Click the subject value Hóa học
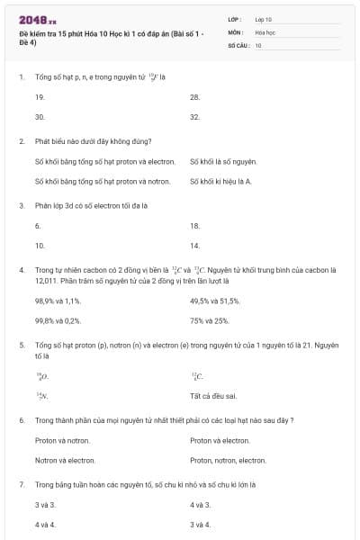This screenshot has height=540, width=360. coord(265,31)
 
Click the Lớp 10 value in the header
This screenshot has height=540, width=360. coord(263,19)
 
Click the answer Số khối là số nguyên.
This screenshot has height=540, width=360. coord(223,161)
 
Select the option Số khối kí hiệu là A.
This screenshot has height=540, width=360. coord(220,181)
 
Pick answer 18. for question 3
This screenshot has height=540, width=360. coord(194,225)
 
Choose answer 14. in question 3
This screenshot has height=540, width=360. coord(194,245)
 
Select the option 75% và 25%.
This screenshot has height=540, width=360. coord(210,319)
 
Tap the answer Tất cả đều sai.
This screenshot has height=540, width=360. coord(213,395)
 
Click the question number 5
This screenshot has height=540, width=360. coord(21,345)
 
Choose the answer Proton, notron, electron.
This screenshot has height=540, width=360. coord(228,460)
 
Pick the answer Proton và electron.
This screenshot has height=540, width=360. coord(220,440)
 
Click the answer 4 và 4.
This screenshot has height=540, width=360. coord(45,524)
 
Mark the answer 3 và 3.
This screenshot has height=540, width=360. coord(45,504)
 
